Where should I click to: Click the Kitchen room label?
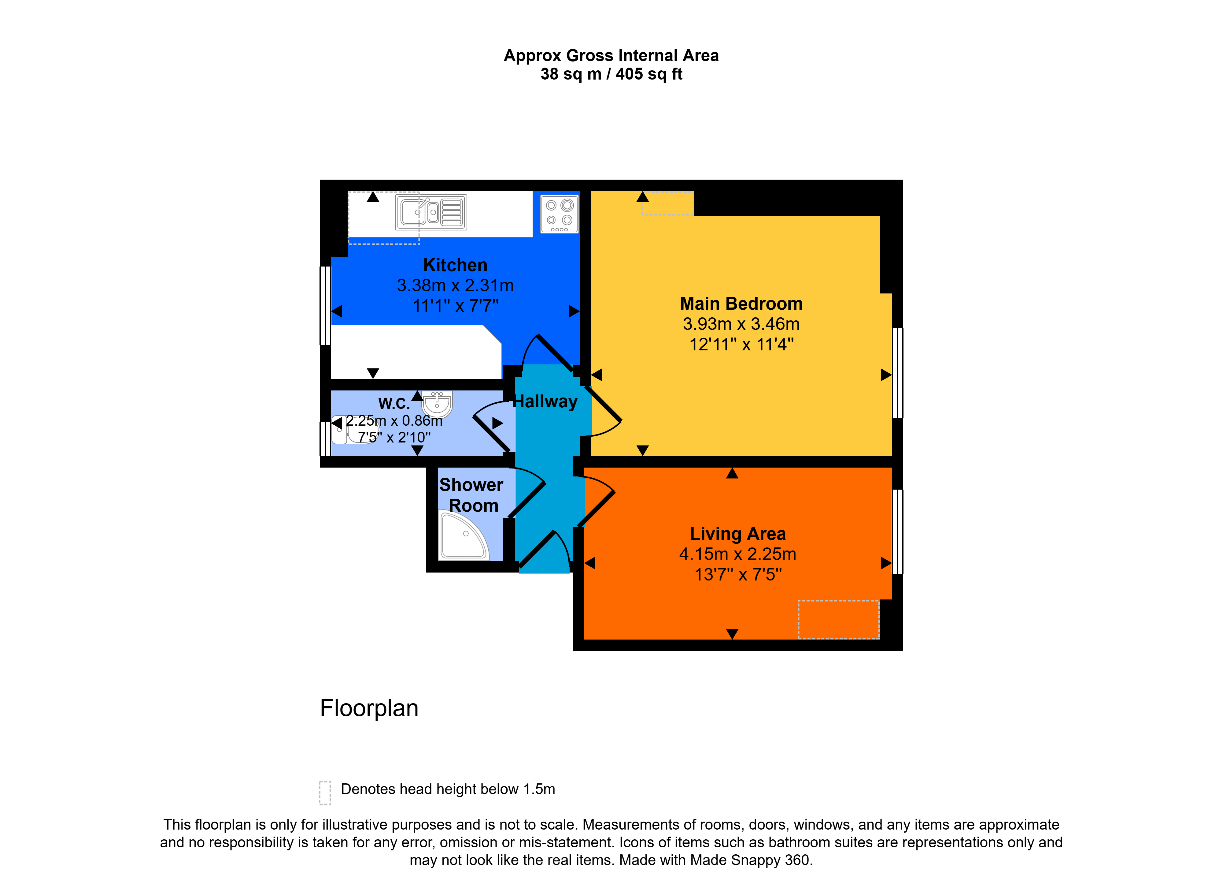pos(455,265)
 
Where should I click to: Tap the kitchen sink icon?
pos(431,213)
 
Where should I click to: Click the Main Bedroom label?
pos(741,304)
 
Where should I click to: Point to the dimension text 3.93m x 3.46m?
pos(741,324)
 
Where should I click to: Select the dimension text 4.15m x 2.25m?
pos(738,554)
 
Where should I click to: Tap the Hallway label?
pos(545,402)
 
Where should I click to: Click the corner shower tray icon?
pos(464,535)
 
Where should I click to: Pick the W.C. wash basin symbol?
pos(437,404)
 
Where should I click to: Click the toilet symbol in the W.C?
pos(353,429)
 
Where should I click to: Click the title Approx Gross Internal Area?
pos(611,56)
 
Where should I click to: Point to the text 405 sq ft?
pos(649,74)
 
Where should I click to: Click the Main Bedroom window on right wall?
pos(898,373)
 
